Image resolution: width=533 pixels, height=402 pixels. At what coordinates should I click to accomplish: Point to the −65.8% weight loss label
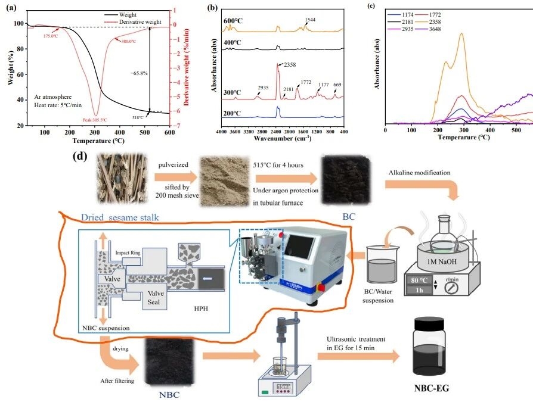(140, 73)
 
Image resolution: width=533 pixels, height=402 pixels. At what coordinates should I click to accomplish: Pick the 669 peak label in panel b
(338, 85)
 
